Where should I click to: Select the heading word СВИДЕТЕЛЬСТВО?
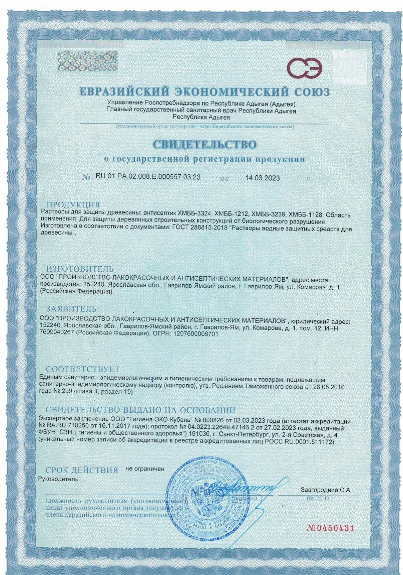[204, 145]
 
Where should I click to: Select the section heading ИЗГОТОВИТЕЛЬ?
[80, 269]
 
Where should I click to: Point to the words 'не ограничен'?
[145, 468]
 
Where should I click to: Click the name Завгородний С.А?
[326, 489]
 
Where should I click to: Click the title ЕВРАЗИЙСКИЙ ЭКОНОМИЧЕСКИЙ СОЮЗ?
[204, 92]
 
